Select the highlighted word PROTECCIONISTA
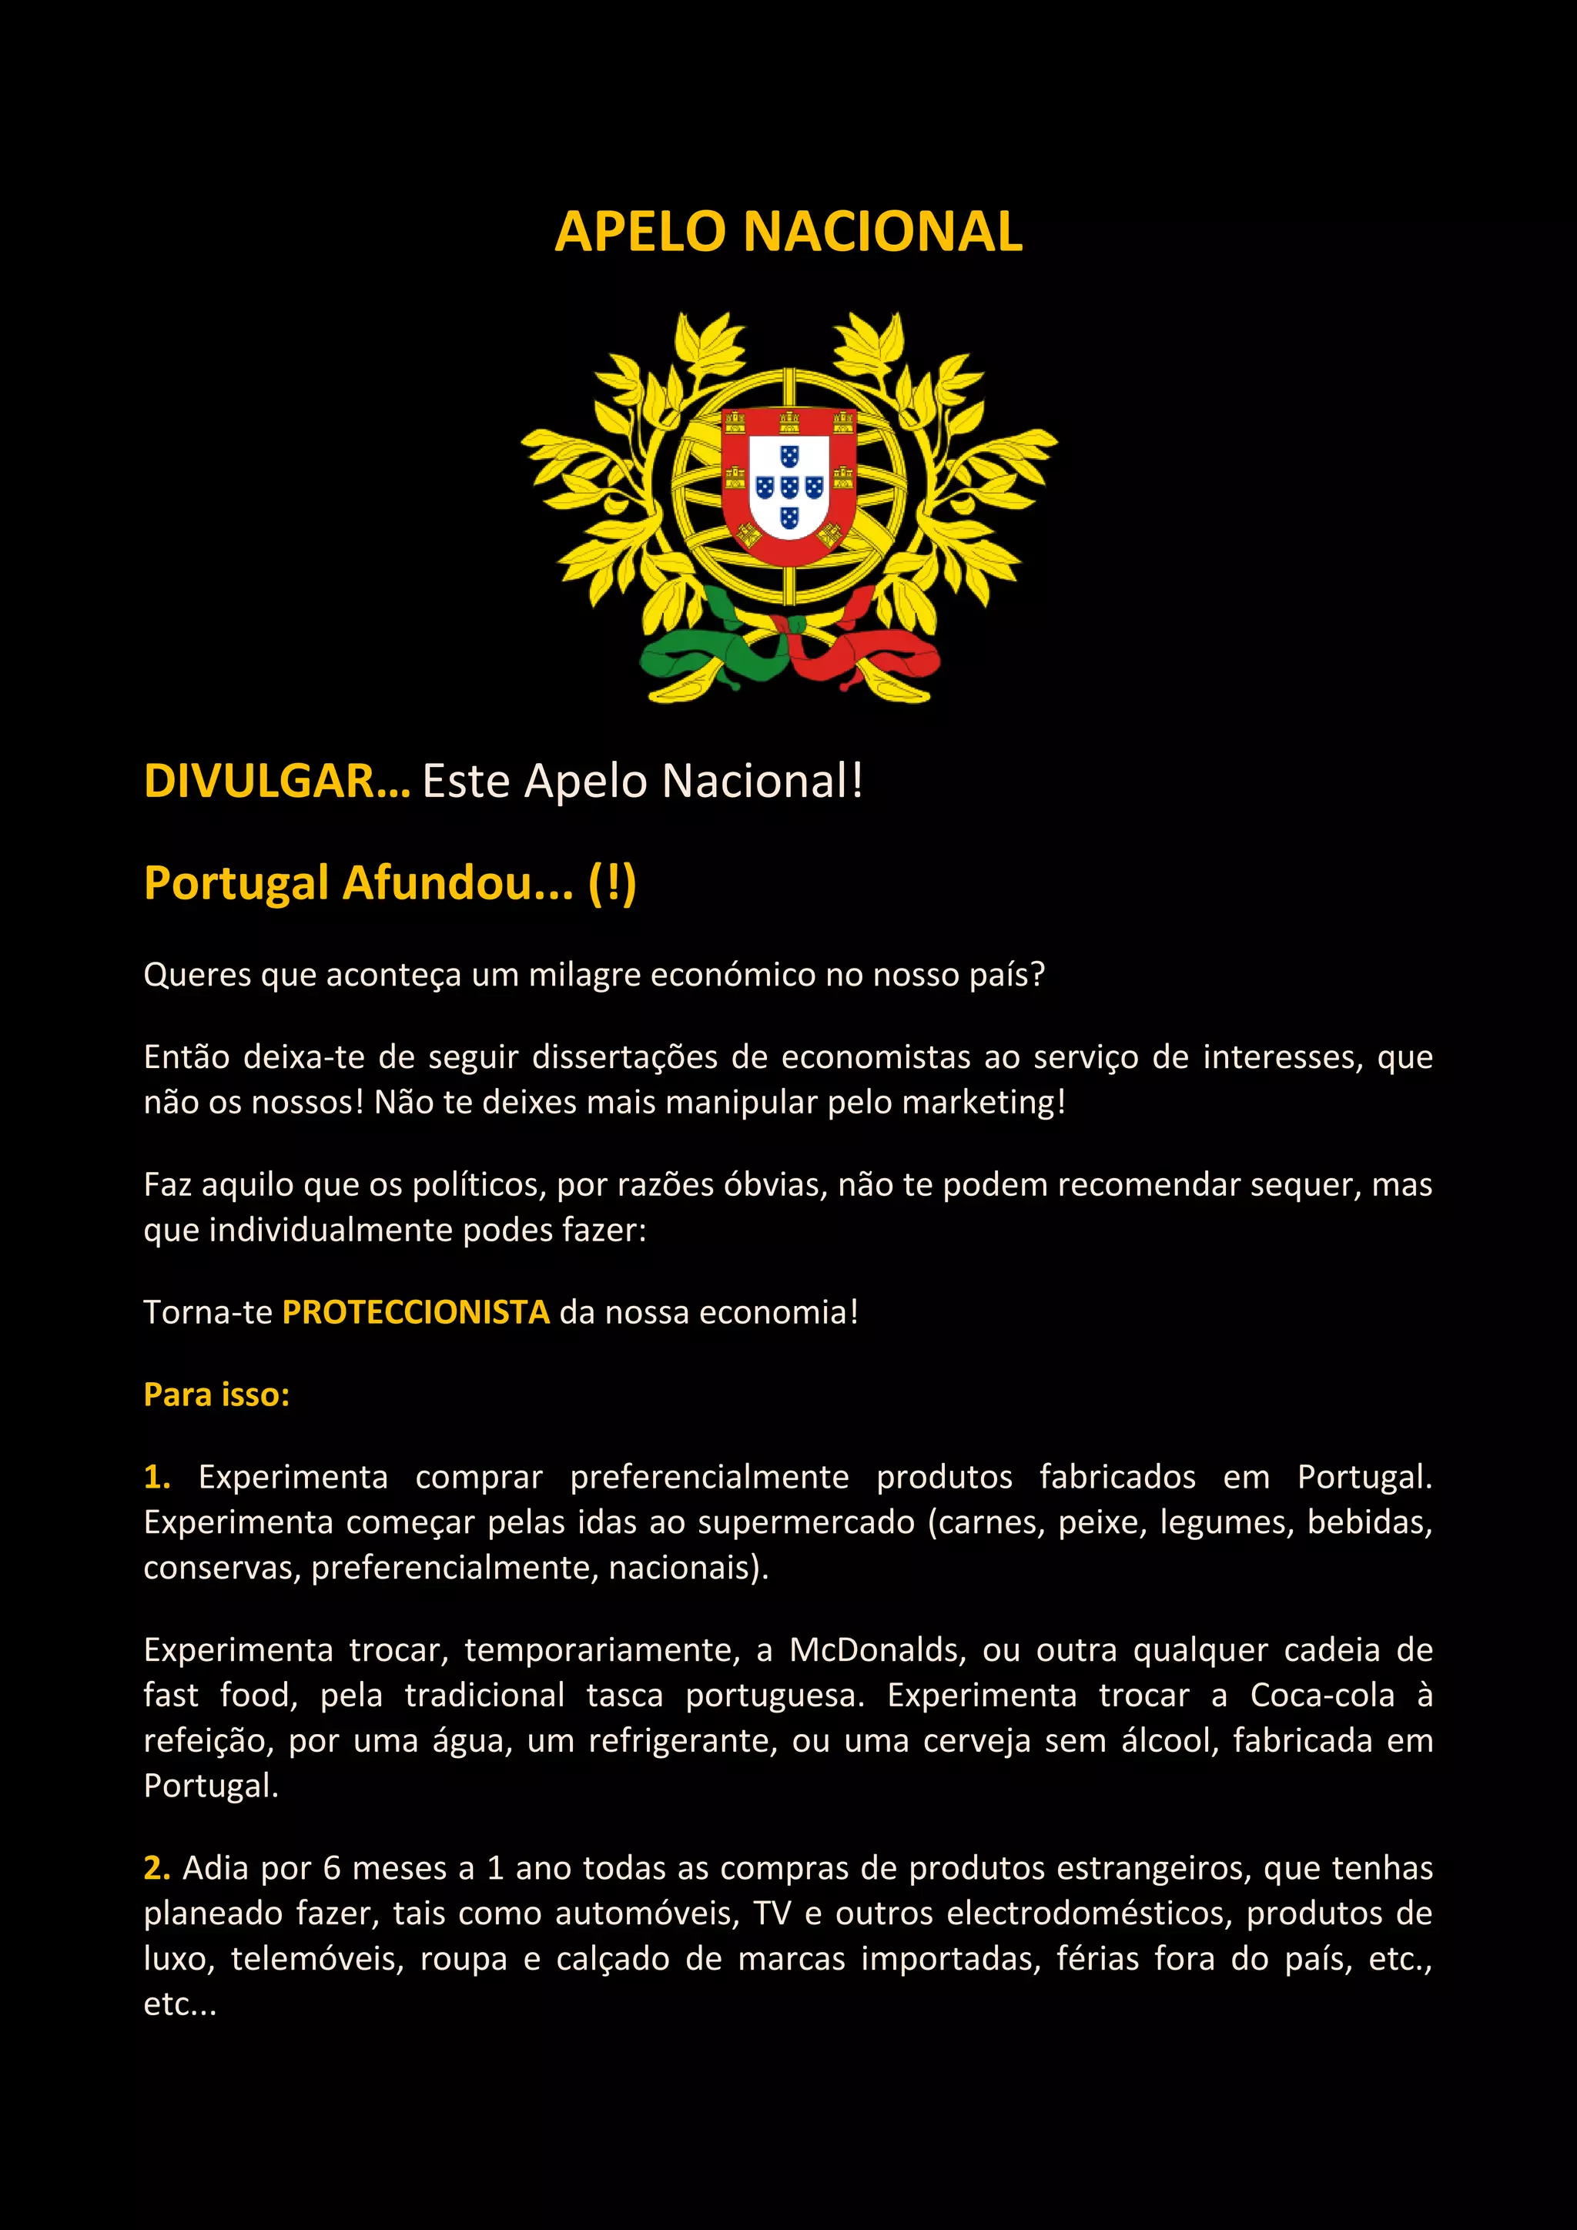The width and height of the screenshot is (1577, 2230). point(416,1312)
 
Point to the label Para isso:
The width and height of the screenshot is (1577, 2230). point(216,1395)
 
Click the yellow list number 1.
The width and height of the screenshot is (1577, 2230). point(156,1477)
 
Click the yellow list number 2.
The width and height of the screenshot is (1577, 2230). point(156,1868)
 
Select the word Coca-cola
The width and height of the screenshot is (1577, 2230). point(1321,1695)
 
